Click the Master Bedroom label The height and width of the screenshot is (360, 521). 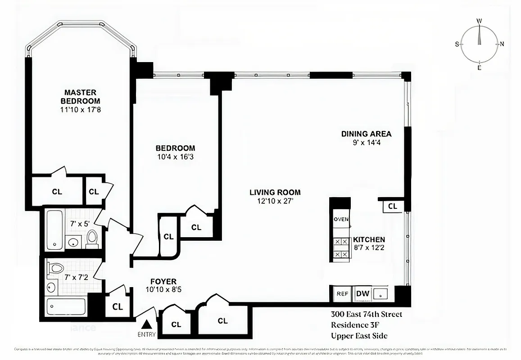80,96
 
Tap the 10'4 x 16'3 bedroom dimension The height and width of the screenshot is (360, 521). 175,157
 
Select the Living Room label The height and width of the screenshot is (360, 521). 275,192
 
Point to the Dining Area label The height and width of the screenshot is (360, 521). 366,134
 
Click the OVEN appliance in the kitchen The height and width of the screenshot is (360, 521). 340,219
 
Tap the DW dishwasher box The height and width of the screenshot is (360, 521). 362,294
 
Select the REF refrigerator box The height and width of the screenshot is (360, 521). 343,294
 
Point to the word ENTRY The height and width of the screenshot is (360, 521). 147,334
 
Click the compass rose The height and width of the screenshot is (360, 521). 480,44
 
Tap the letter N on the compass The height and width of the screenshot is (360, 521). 502,44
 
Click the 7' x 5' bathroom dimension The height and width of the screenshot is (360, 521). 79,223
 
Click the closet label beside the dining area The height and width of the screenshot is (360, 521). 393,206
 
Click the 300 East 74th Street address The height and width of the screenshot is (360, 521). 366,314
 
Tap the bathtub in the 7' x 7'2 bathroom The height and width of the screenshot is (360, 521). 66,307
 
